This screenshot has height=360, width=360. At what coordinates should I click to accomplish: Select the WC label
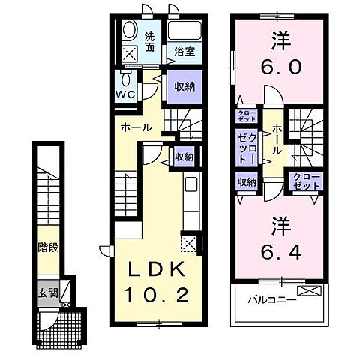click(x=124, y=94)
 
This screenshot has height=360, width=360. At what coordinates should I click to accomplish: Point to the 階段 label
click(x=49, y=247)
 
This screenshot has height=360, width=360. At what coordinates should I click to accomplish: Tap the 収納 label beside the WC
click(x=184, y=87)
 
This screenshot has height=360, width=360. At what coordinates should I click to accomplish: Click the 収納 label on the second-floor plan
click(x=247, y=181)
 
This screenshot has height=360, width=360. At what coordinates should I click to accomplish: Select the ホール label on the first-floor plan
click(x=137, y=128)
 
